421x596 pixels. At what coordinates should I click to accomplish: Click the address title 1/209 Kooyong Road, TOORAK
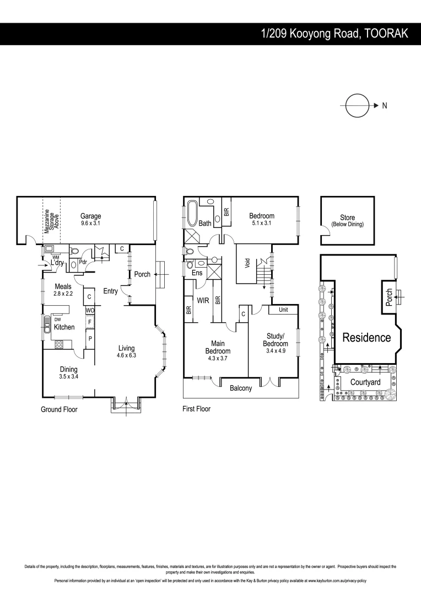pyautogui.click(x=334, y=34)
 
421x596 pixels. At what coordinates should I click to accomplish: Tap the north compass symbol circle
pyautogui.click(x=357, y=105)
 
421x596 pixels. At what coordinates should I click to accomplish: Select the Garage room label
pyautogui.click(x=91, y=216)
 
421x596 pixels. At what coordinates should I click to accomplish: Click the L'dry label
pyautogui.click(x=57, y=263)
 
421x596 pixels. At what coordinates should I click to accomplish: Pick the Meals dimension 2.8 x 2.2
pyautogui.click(x=62, y=294)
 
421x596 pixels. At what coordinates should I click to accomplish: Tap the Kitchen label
pyautogui.click(x=64, y=327)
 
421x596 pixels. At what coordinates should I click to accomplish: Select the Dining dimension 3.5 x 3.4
pyautogui.click(x=68, y=377)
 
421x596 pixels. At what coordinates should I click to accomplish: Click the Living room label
pyautogui.click(x=126, y=348)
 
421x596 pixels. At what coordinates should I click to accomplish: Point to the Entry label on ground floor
pyautogui.click(x=110, y=291)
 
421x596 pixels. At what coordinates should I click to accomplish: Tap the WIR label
pyautogui.click(x=202, y=301)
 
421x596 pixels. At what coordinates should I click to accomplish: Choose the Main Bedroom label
pyautogui.click(x=218, y=347)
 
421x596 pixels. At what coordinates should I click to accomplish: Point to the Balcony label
pyautogui.click(x=241, y=388)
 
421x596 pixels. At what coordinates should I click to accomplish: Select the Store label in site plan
pyautogui.click(x=347, y=218)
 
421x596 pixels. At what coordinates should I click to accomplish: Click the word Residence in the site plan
pyautogui.click(x=366, y=338)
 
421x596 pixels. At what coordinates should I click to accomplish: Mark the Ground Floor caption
pyautogui.click(x=59, y=409)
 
